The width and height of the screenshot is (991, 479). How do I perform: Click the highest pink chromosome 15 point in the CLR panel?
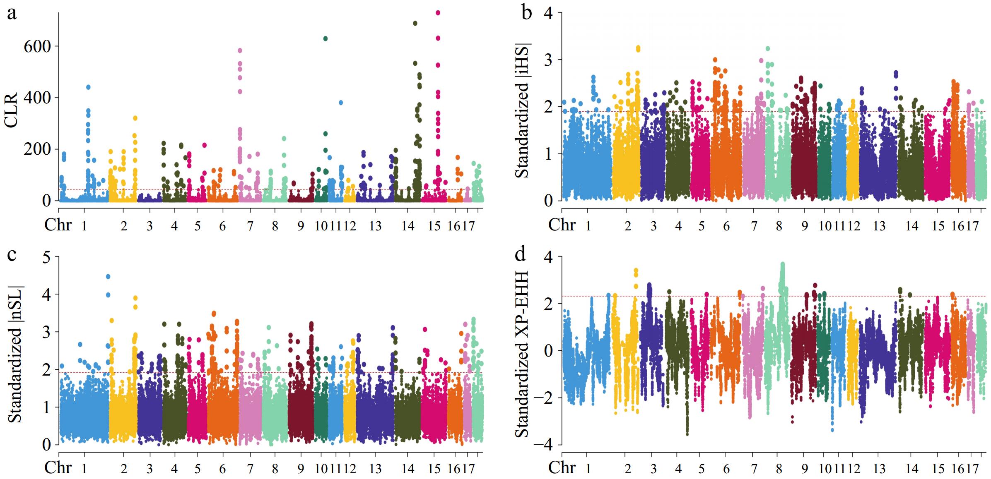pos(438,13)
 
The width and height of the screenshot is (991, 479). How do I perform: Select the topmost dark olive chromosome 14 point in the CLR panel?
pos(415,23)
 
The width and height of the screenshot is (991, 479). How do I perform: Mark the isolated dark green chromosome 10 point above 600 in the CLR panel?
pos(326,38)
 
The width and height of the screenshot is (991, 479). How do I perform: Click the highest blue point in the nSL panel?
pos(108,276)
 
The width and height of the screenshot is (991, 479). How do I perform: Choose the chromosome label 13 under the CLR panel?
pos(375,226)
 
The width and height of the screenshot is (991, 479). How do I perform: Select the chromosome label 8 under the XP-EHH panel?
pos(779,469)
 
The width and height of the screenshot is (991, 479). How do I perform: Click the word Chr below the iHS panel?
pos(562,225)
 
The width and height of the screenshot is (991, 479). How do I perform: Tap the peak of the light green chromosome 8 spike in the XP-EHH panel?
pos(782,263)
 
